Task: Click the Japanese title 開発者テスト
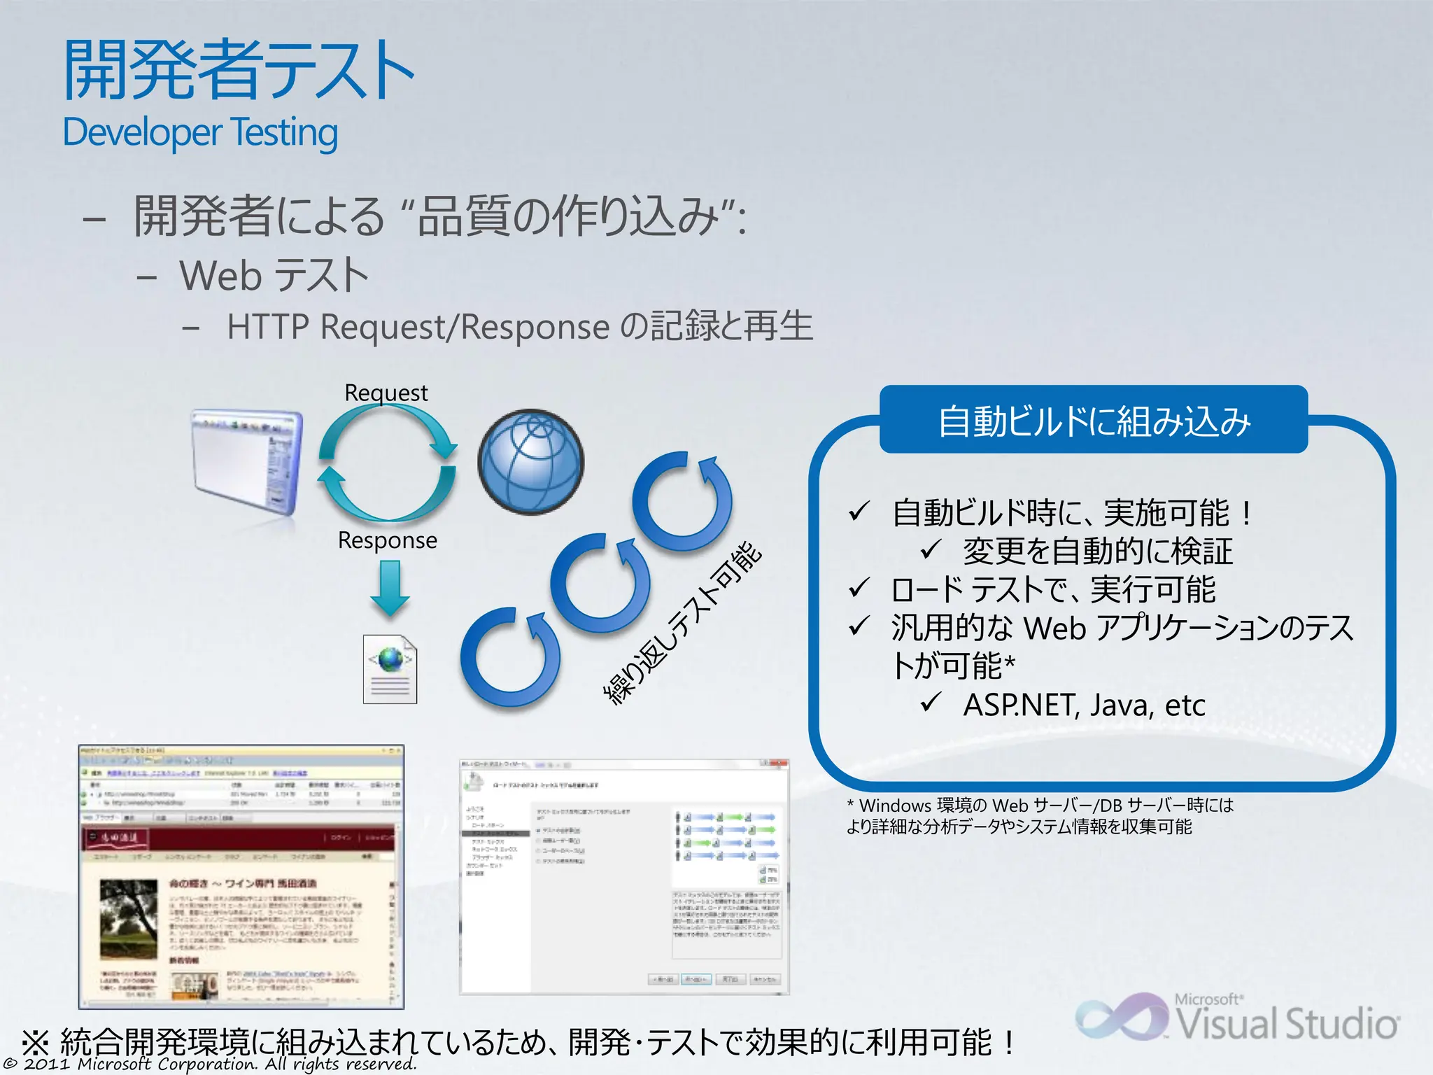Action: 238,70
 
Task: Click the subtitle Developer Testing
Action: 200,132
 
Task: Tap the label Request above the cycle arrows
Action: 386,393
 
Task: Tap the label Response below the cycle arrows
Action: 387,540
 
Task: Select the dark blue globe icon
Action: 530,462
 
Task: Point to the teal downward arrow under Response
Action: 390,588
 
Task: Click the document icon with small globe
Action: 390,669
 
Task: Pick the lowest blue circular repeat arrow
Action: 510,658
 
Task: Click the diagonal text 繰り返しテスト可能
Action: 682,623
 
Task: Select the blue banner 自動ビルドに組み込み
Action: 1093,421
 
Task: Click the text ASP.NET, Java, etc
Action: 1084,705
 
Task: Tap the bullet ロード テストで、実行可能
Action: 1052,589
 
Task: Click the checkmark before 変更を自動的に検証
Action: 931,549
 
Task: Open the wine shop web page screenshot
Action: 241,876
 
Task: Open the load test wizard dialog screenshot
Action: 623,876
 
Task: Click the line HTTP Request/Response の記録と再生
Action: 519,327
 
